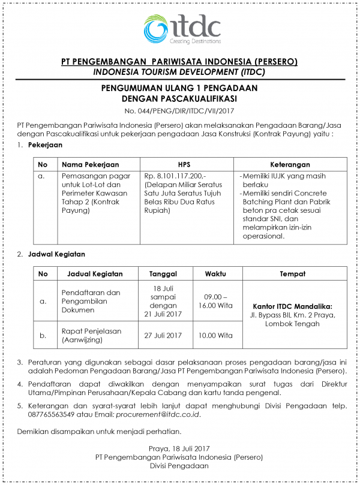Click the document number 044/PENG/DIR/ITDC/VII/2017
[179, 110]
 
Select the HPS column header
[184, 164]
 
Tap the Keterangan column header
[290, 164]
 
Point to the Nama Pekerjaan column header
[90, 164]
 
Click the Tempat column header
[292, 273]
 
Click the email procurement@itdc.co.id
[158, 414]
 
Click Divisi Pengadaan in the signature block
[179, 466]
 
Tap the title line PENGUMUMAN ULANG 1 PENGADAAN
[179, 88]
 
